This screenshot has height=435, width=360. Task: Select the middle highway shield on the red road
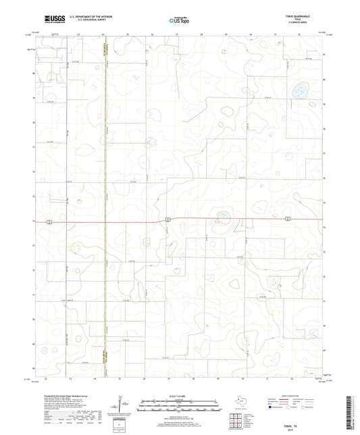coord(167,218)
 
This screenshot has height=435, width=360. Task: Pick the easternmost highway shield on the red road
coord(287,217)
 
